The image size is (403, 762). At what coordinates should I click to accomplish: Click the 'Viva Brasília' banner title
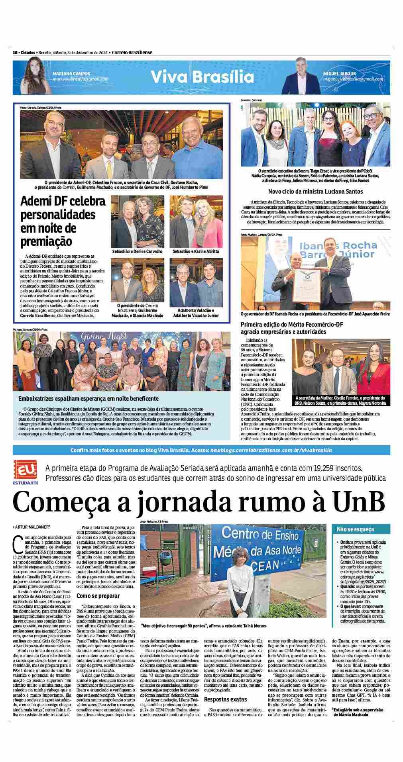coord(201,76)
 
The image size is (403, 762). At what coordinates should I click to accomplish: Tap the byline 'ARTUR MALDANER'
coord(33,527)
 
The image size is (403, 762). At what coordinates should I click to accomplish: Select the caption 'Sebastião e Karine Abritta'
coord(196,252)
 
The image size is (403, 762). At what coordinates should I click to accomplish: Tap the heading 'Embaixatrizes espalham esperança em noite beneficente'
coord(88,398)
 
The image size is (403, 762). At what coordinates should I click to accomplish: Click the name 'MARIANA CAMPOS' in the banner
coord(71,74)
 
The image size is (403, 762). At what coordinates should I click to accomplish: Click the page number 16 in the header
coord(15,53)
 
